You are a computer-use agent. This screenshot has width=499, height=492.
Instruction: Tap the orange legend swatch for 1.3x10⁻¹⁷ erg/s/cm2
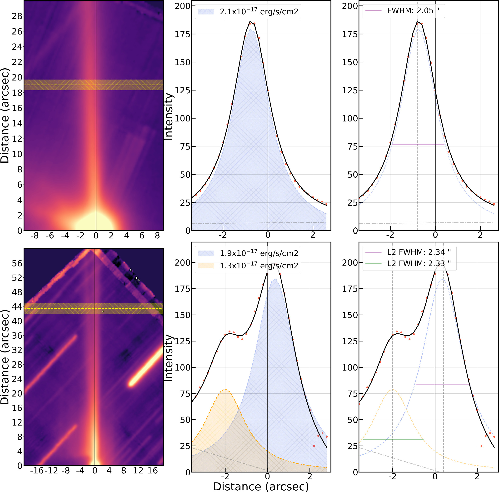pos(206,266)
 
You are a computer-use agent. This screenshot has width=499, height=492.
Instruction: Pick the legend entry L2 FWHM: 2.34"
pos(419,252)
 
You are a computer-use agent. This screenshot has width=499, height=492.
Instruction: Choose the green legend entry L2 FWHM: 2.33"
pos(419,263)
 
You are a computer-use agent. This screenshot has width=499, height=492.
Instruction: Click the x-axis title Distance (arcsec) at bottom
pos(261,486)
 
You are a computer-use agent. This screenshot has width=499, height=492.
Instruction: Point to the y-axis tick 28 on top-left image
pos(17,16)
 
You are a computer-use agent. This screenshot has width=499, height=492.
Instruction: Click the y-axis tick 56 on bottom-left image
pos(17,263)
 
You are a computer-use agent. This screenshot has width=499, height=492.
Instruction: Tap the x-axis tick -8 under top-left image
pos(35,236)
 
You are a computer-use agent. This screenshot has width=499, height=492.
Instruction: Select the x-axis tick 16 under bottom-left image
pos(152,471)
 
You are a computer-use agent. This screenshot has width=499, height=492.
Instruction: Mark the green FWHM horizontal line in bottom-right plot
pos(393,440)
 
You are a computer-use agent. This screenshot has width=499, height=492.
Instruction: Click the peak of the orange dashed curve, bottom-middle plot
pos(225,389)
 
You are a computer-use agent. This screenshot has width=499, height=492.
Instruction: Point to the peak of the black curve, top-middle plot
pos(250,22)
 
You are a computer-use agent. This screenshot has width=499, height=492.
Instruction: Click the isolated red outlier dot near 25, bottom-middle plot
pos(314,446)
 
